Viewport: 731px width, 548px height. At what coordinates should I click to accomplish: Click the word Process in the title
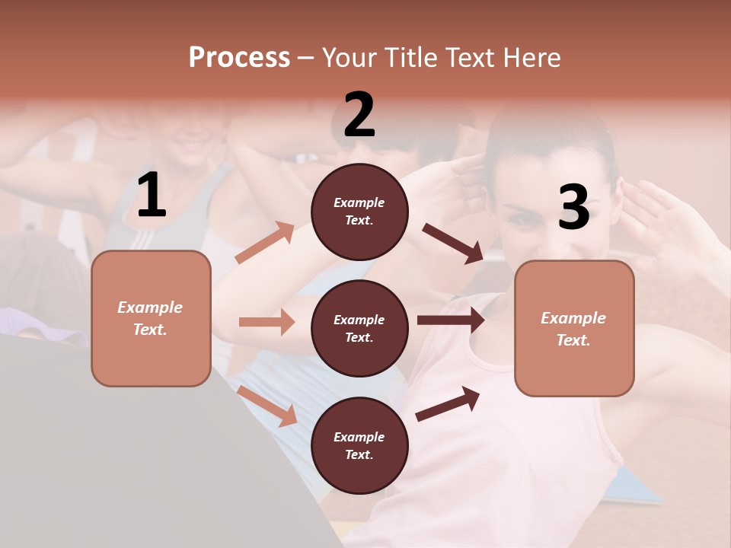239,57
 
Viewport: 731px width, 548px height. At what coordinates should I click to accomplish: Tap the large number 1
152,196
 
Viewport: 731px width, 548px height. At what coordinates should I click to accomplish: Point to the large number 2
359,116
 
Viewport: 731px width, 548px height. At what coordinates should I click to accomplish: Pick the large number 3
573,208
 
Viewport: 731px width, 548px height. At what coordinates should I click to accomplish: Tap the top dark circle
359,212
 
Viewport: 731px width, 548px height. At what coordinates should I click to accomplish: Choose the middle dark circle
359,329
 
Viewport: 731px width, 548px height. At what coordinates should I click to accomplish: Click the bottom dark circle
359,446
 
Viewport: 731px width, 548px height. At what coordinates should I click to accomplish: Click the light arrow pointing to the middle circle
267,322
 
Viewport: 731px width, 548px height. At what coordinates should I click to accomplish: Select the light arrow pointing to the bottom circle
267,406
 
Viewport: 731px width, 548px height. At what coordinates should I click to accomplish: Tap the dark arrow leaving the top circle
453,243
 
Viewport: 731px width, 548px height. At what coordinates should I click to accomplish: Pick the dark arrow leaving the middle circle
450,320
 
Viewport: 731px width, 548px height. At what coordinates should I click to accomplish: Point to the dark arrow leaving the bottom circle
448,403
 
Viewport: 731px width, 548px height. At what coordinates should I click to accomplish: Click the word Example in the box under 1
150,307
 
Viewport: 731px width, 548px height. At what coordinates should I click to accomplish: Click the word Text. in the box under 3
573,340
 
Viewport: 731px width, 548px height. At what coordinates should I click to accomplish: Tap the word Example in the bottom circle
359,437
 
